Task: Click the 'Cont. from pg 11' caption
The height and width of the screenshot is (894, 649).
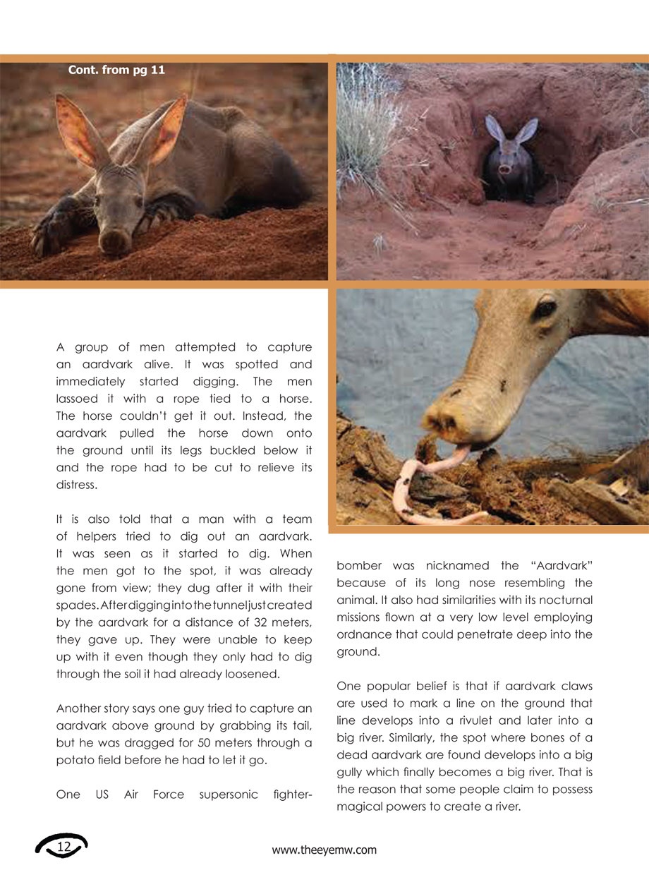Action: [x=116, y=70]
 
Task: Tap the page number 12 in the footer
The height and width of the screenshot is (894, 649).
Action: [x=64, y=846]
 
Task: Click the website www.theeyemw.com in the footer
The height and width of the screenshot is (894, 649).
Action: [x=324, y=850]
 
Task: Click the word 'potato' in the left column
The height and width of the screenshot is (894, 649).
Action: [x=73, y=759]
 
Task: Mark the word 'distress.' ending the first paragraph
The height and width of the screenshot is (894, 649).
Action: [x=76, y=484]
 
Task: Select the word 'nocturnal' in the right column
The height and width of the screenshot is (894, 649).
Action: [x=566, y=600]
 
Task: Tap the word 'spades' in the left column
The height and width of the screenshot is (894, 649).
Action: [x=77, y=605]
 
